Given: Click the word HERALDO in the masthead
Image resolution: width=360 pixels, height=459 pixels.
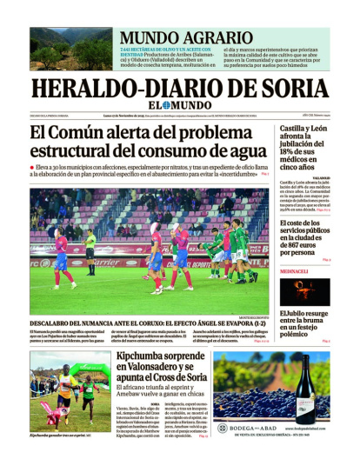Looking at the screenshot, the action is pos(82,89).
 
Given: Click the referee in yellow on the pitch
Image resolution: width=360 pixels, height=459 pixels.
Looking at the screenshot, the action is pos(91,248).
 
